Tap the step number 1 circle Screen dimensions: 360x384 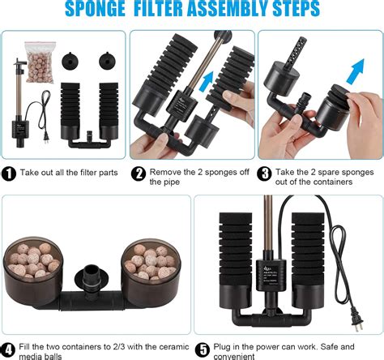[9, 173]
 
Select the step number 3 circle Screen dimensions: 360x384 [265, 173]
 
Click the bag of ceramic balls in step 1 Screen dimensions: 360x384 [38, 61]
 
